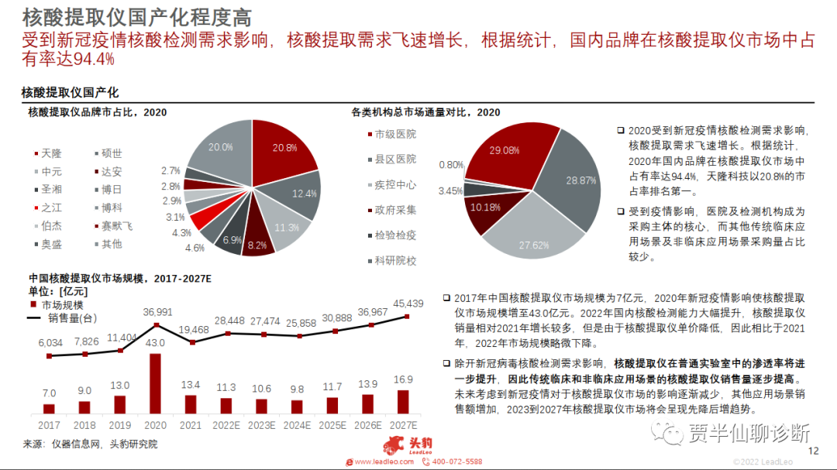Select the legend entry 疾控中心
(x=395, y=185)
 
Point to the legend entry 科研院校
(x=395, y=261)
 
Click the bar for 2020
(x=156, y=383)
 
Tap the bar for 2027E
(x=403, y=402)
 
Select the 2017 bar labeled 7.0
(x=50, y=408)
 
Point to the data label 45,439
(x=408, y=303)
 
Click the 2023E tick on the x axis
(x=262, y=425)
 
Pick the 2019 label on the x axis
(x=119, y=425)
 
